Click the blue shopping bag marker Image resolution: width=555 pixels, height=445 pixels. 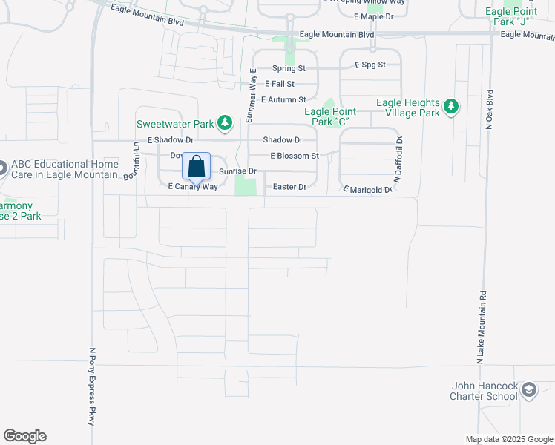[197, 168]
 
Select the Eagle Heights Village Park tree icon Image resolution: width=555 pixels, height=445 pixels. [450, 108]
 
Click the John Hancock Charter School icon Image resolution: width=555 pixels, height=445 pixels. [528, 390]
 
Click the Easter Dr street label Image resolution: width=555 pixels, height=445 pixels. [289, 187]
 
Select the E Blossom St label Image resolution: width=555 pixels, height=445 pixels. [295, 156]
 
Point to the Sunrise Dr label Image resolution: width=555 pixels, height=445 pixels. [237, 171]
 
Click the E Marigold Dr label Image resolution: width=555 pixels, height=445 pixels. [367, 190]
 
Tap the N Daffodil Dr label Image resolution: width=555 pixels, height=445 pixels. [398, 160]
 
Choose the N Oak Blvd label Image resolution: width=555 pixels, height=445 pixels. [489, 111]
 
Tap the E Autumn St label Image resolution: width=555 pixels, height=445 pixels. [281, 99]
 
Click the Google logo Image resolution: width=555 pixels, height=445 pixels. [24, 436]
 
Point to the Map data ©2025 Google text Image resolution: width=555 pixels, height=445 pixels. [508, 439]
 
